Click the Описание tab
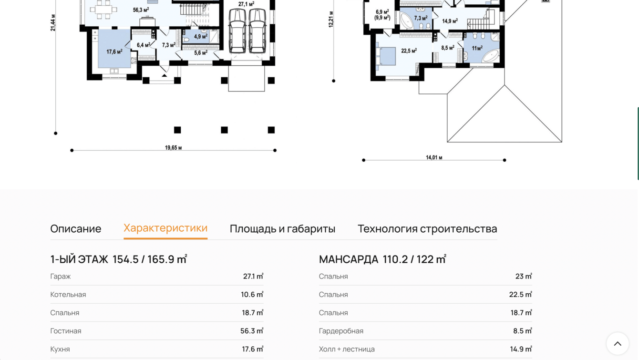pyautogui.click(x=76, y=229)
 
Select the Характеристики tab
pyautogui.click(x=165, y=228)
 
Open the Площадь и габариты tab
pyautogui.click(x=282, y=229)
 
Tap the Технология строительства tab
pyautogui.click(x=427, y=229)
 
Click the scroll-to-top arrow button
pyautogui.click(x=618, y=343)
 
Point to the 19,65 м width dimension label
pyautogui.click(x=173, y=147)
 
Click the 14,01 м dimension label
pyautogui.click(x=434, y=157)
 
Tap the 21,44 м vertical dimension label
pyautogui.click(x=53, y=22)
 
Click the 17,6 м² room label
pyautogui.click(x=114, y=51)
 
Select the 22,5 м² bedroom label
pyautogui.click(x=409, y=51)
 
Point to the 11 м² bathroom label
pyautogui.click(x=477, y=48)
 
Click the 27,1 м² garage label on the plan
pyautogui.click(x=246, y=4)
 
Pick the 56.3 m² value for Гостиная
pyautogui.click(x=252, y=331)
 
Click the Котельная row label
pyautogui.click(x=68, y=294)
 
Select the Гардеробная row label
pyautogui.click(x=341, y=331)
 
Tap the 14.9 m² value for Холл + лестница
pyautogui.click(x=521, y=349)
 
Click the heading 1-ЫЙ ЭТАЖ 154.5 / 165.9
pyautogui.click(x=119, y=259)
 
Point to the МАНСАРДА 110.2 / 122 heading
pyautogui.click(x=382, y=259)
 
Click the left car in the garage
pyautogui.click(x=237, y=31)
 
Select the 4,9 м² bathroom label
pyautogui.click(x=201, y=37)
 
